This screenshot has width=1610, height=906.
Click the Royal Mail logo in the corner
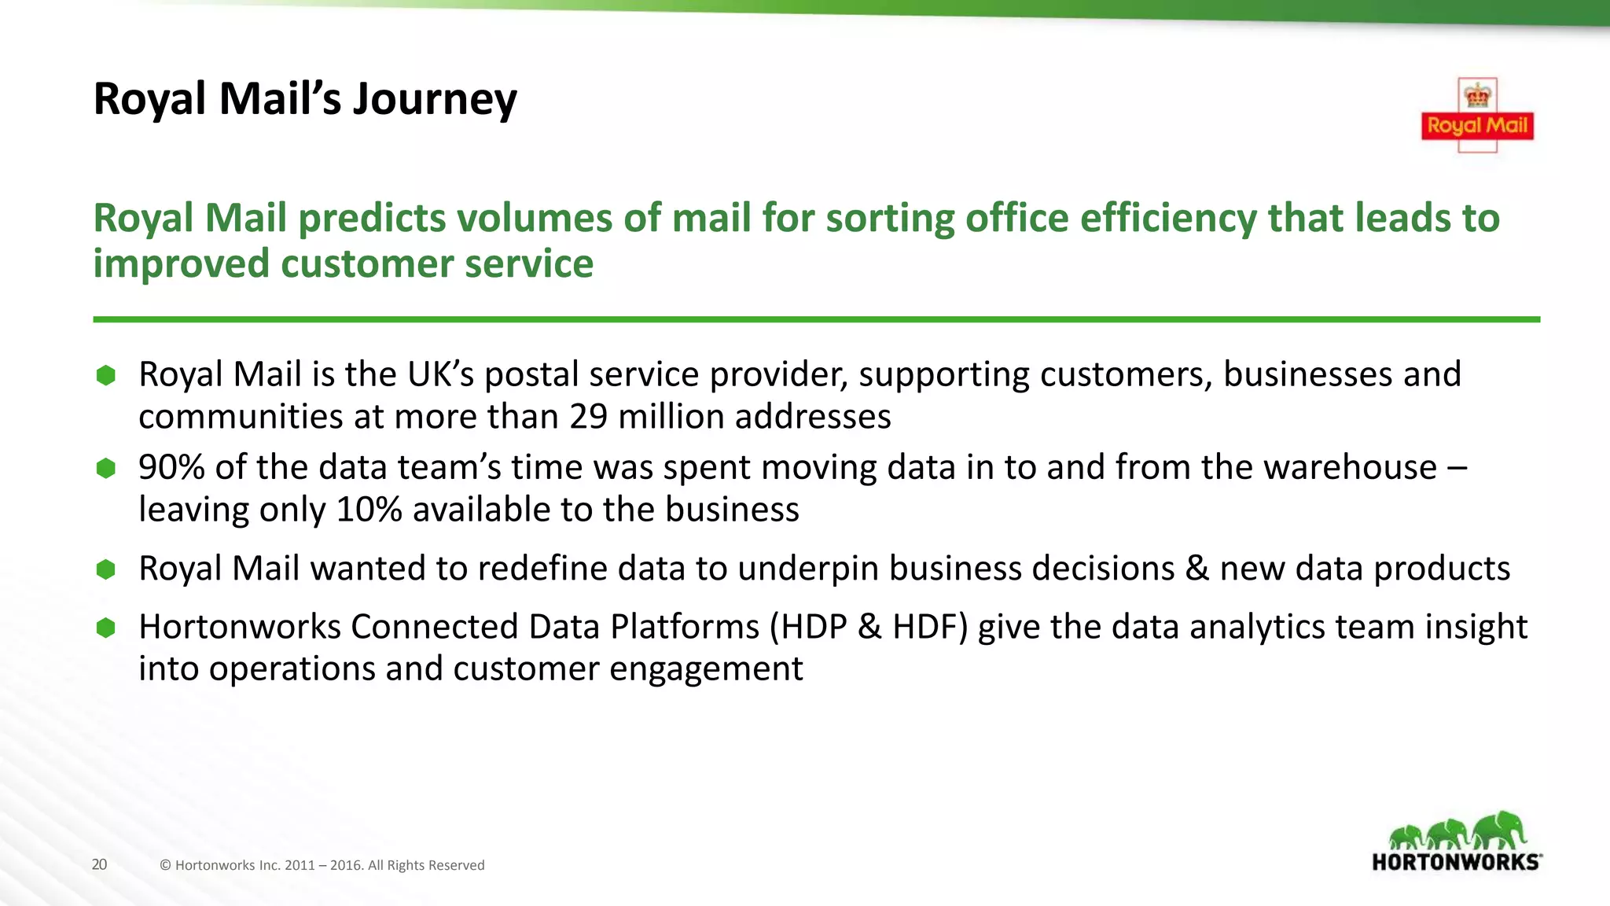1477,116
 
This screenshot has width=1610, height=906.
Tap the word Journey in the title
435,100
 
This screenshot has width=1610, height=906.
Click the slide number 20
99,864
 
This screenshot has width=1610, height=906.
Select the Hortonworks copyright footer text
322,865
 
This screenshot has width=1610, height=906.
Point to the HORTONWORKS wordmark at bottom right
1456,862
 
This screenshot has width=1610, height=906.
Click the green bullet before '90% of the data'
106,469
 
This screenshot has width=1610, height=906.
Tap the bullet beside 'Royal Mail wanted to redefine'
106,569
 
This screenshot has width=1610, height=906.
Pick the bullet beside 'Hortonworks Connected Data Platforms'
106,628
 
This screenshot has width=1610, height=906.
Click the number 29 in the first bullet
588,417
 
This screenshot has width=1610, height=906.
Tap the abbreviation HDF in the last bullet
924,628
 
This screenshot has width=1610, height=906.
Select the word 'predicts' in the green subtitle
367,218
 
